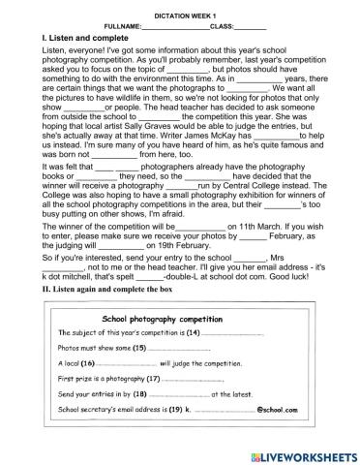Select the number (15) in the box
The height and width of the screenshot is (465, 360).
click(138, 347)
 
